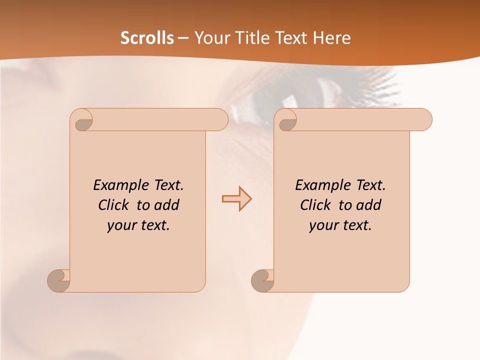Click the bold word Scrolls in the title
click(147, 38)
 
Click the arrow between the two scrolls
click(236, 198)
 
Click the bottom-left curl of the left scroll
click(59, 280)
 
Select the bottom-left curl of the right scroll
click(262, 280)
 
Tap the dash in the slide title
click(183, 38)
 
